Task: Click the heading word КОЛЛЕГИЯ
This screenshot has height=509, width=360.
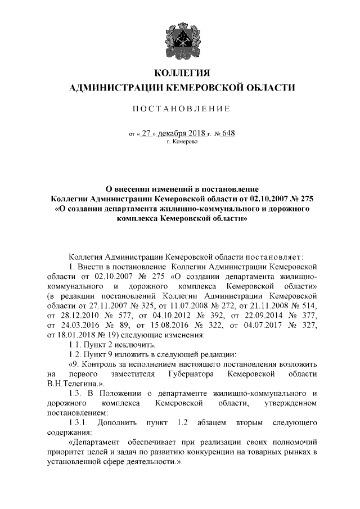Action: (x=180, y=73)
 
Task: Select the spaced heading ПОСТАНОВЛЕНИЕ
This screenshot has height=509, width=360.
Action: (x=180, y=108)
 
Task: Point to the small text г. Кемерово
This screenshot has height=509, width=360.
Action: (x=181, y=142)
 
